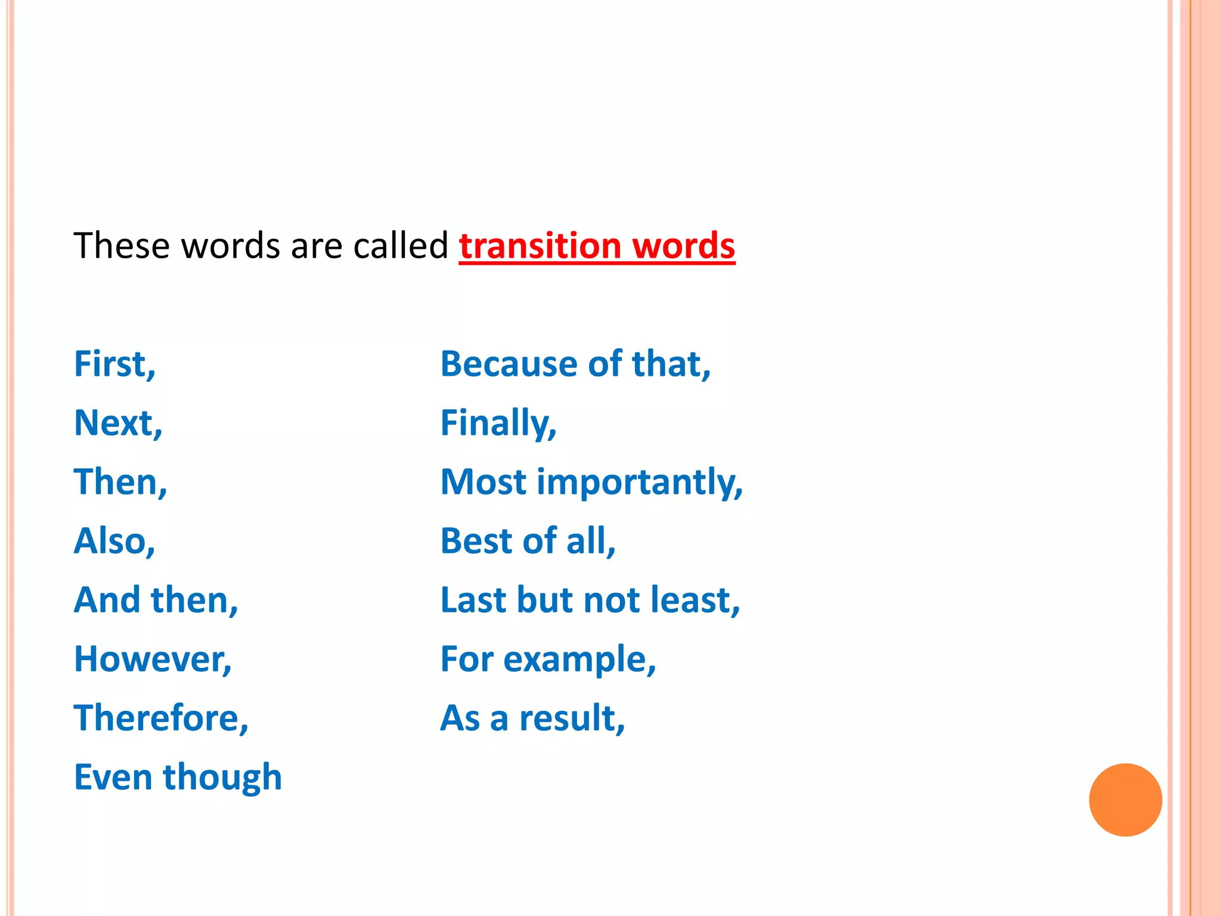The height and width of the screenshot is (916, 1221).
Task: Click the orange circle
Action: [x=1125, y=800]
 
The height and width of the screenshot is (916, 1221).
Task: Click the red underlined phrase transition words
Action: [x=597, y=246]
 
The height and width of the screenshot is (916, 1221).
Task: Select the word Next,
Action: [x=118, y=423]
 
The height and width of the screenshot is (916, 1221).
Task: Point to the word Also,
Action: [x=114, y=541]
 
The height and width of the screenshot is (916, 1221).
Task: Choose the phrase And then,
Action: [x=156, y=600]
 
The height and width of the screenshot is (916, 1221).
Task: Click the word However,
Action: [x=153, y=659]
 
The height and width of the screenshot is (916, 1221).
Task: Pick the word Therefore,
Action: [x=161, y=717]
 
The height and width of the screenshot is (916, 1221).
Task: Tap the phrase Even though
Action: [x=178, y=777]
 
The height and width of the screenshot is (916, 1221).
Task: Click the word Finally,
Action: [x=498, y=423]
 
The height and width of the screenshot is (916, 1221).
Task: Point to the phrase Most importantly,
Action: [x=591, y=482]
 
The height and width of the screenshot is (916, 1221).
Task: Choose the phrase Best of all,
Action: [x=528, y=541]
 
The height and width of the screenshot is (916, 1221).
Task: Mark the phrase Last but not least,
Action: [x=590, y=600]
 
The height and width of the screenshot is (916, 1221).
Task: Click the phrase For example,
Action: [x=548, y=659]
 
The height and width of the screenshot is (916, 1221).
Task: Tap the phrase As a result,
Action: [x=532, y=717]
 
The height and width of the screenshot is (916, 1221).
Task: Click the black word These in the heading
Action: [x=121, y=246]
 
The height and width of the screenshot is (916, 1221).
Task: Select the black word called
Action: [x=400, y=246]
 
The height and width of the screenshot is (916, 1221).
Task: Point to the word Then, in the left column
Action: [x=120, y=482]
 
